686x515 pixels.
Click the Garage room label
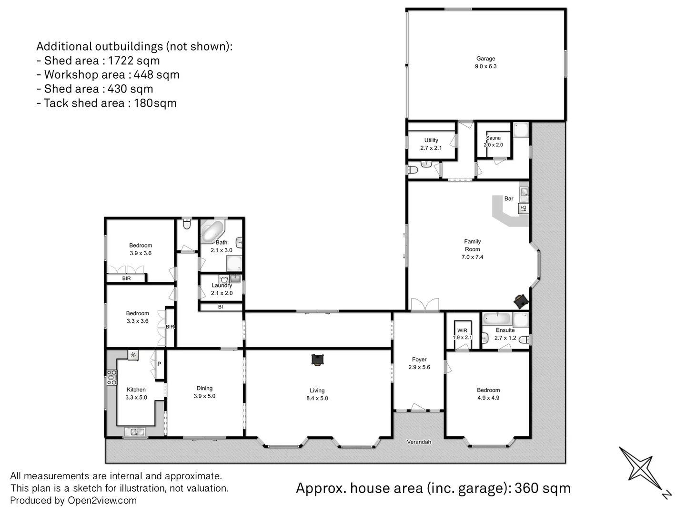tap(485, 59)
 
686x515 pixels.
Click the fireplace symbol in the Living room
tap(317, 360)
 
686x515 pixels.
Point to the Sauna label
tap(493, 138)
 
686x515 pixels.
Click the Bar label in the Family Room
tap(509, 198)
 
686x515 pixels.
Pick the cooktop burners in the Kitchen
tap(111, 378)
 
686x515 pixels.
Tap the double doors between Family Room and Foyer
tap(424, 305)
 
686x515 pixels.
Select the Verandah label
tap(419, 442)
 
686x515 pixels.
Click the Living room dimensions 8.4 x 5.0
tap(317, 398)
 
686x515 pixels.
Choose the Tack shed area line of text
tap(107, 103)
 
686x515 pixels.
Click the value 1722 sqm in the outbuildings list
tap(134, 61)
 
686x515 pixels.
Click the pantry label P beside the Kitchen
tap(159, 364)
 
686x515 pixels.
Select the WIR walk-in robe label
tap(462, 330)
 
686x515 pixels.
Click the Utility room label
tap(431, 140)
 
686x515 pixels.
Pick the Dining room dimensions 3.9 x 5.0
tap(204, 396)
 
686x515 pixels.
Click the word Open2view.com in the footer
tap(102, 500)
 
